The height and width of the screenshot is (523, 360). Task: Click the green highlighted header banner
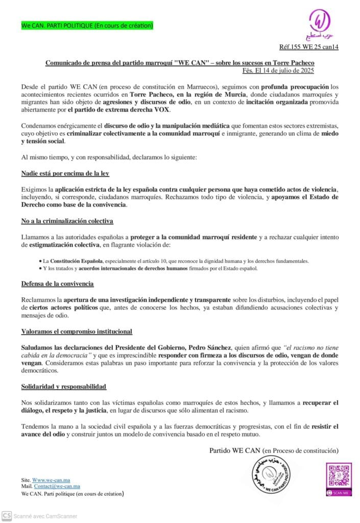tap(87, 25)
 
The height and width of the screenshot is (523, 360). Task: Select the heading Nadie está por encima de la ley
tap(65, 173)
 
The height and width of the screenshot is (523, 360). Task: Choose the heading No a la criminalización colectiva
tap(67, 221)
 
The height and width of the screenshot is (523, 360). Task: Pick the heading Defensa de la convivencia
tap(57, 283)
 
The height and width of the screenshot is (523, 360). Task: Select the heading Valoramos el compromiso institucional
tap(77, 331)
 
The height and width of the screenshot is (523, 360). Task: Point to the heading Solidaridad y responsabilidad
tap(64, 387)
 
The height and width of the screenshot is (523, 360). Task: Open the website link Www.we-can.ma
tap(53, 480)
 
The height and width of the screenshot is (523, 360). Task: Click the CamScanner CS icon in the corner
tap(7, 516)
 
